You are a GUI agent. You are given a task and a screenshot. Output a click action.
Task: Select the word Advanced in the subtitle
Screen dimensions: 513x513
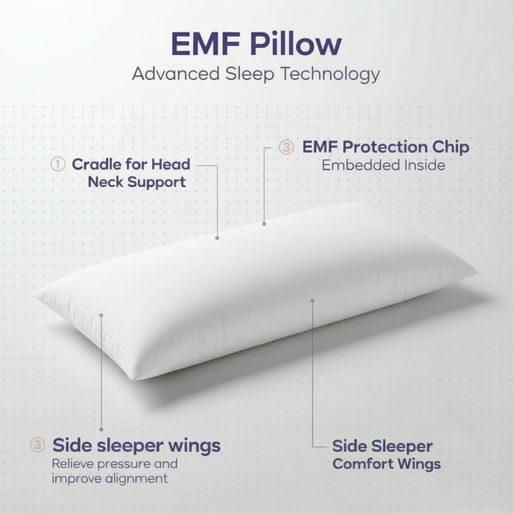[x=176, y=74]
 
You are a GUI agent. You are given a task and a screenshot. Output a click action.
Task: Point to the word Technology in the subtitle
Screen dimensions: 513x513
[x=330, y=74]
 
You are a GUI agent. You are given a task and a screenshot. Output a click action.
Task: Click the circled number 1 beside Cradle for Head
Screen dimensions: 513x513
[x=58, y=164]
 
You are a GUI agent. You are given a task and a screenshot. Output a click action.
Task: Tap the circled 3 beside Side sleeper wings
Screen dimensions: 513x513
[x=38, y=444]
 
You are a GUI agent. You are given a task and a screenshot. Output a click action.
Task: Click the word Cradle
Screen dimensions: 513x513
[x=97, y=164]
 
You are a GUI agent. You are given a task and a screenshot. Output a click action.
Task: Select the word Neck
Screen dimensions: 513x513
[x=105, y=181]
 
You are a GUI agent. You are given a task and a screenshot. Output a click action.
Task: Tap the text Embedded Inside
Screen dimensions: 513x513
[x=383, y=165]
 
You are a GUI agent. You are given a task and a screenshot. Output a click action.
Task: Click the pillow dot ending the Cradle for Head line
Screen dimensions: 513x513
[x=217, y=238]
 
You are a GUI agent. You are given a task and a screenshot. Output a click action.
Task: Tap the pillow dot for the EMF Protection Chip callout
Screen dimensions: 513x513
[x=264, y=224]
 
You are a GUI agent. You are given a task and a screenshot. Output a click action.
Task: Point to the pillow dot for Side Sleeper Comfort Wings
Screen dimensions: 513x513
[x=312, y=301]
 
